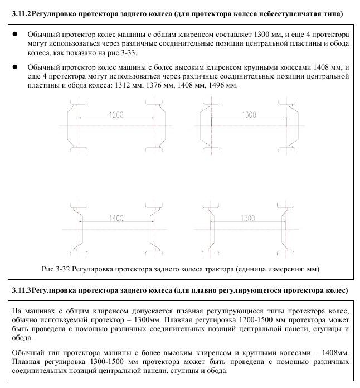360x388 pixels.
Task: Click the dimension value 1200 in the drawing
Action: point(115,114)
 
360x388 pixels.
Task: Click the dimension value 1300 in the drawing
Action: point(249,114)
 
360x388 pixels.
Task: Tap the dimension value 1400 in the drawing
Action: point(116,217)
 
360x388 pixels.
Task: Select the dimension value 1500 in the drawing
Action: point(249,217)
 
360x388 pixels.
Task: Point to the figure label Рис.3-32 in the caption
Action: point(55,269)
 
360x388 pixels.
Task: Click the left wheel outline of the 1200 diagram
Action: point(73,126)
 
